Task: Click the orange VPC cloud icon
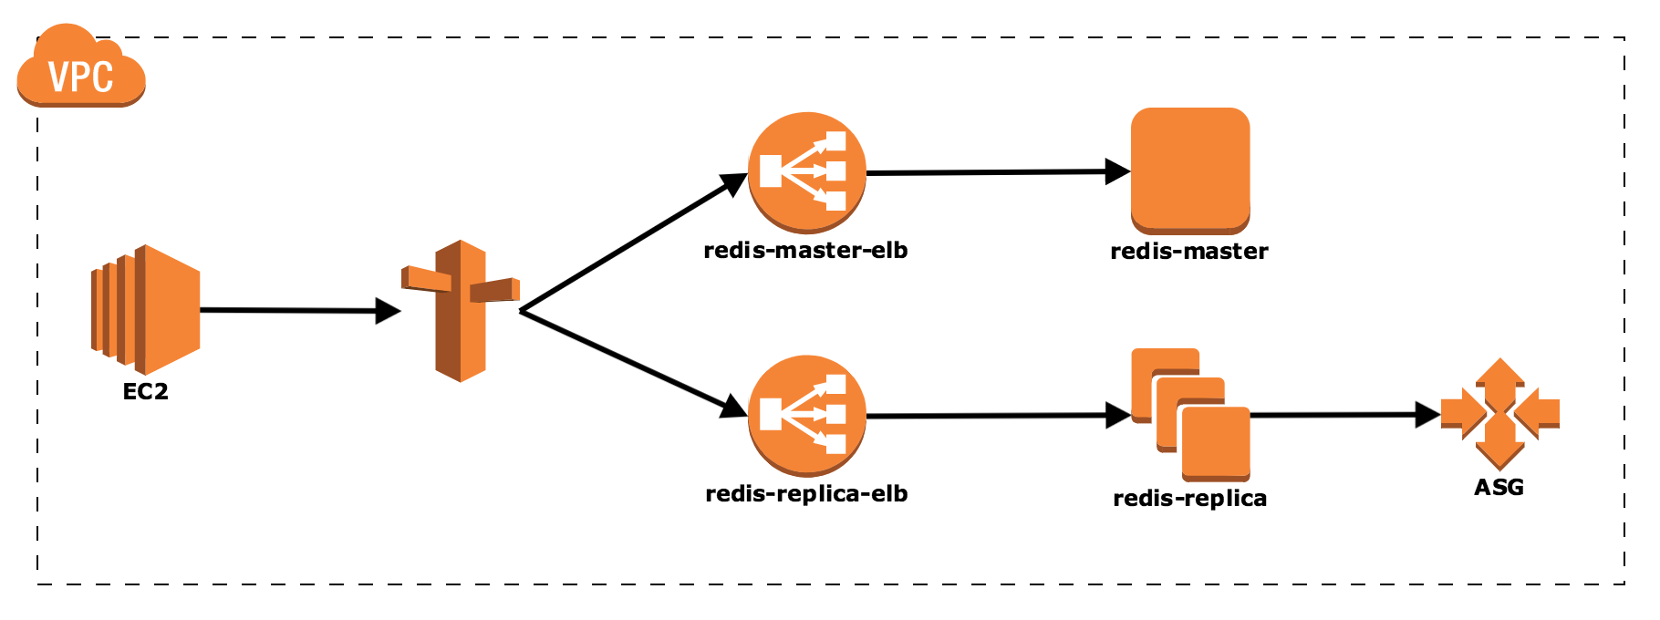tap(80, 68)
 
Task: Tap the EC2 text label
tap(145, 392)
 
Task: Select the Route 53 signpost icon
tap(460, 310)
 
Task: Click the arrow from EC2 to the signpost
tap(292, 311)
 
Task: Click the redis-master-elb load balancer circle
tap(806, 171)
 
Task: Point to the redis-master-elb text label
tap(805, 251)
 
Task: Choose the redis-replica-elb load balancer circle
tap(806, 415)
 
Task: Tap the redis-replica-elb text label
tap(806, 494)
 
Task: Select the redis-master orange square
tap(1189, 170)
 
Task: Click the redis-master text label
tap(1188, 252)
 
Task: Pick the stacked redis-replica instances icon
tap(1190, 415)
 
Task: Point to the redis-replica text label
tap(1189, 499)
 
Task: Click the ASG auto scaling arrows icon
tap(1499, 413)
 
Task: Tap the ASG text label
tap(1499, 488)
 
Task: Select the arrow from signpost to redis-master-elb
tap(629, 244)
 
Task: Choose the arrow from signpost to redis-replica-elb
tap(629, 362)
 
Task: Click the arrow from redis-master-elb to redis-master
tap(994, 171)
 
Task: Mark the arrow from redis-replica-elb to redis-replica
tap(994, 416)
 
